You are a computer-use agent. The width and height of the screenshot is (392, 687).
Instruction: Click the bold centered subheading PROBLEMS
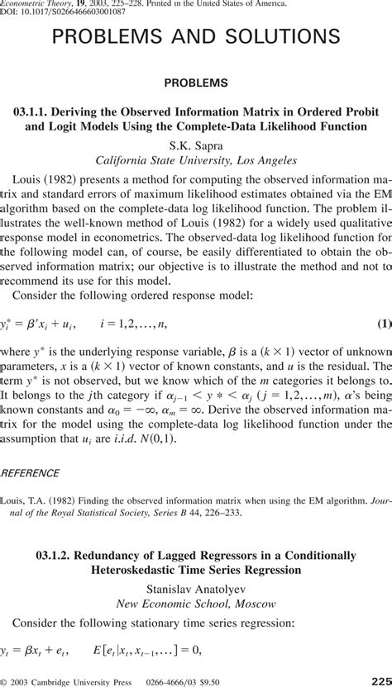click(x=196, y=83)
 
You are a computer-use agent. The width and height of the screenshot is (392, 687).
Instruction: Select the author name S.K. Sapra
click(x=196, y=144)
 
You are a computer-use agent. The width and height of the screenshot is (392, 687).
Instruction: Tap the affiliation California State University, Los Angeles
click(x=196, y=159)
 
